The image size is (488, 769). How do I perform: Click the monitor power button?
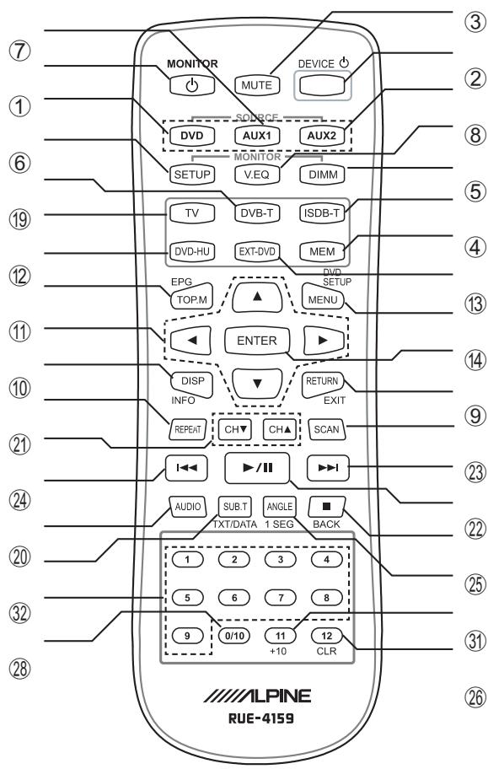(192, 85)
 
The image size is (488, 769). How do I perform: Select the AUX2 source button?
(322, 136)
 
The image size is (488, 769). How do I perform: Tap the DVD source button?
(192, 136)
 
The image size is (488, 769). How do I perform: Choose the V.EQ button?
(257, 174)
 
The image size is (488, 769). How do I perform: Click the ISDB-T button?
(322, 212)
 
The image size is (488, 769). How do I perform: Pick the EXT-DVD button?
(257, 251)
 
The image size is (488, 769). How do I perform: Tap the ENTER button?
(257, 341)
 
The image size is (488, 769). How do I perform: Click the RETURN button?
(323, 384)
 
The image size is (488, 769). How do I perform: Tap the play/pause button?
(257, 468)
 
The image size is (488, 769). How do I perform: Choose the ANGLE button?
(280, 507)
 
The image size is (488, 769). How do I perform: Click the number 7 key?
(281, 597)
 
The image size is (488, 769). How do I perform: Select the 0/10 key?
(234, 636)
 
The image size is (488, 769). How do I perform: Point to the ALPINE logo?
(257, 696)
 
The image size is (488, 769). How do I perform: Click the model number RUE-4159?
(261, 718)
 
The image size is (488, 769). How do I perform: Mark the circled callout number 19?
(19, 219)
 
